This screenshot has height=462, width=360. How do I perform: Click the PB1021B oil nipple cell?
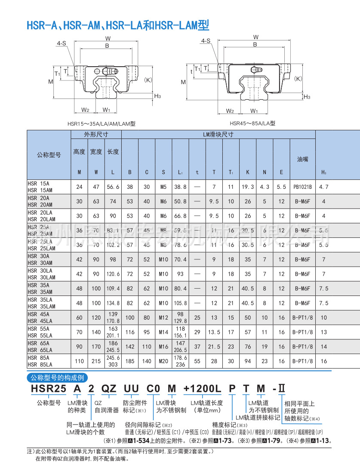click(x=302, y=187)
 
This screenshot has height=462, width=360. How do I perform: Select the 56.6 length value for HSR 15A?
click(x=113, y=187)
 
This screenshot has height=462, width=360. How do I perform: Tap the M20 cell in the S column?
click(x=163, y=361)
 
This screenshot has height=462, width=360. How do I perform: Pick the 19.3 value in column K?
click(x=247, y=187)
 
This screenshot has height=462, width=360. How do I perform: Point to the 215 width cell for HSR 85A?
click(x=96, y=361)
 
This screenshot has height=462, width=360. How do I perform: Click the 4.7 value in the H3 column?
click(x=324, y=187)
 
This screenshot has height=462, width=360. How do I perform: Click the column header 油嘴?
click(x=302, y=159)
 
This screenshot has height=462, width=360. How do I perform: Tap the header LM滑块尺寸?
click(x=218, y=135)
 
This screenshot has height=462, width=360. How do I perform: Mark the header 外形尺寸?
click(x=96, y=135)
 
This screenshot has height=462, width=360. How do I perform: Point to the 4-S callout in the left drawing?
click(x=62, y=43)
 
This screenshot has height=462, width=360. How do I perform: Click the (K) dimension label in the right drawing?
click(x=298, y=79)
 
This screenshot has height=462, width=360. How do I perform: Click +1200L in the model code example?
click(x=202, y=389)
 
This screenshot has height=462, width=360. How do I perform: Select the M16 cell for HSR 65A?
click(x=163, y=347)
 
